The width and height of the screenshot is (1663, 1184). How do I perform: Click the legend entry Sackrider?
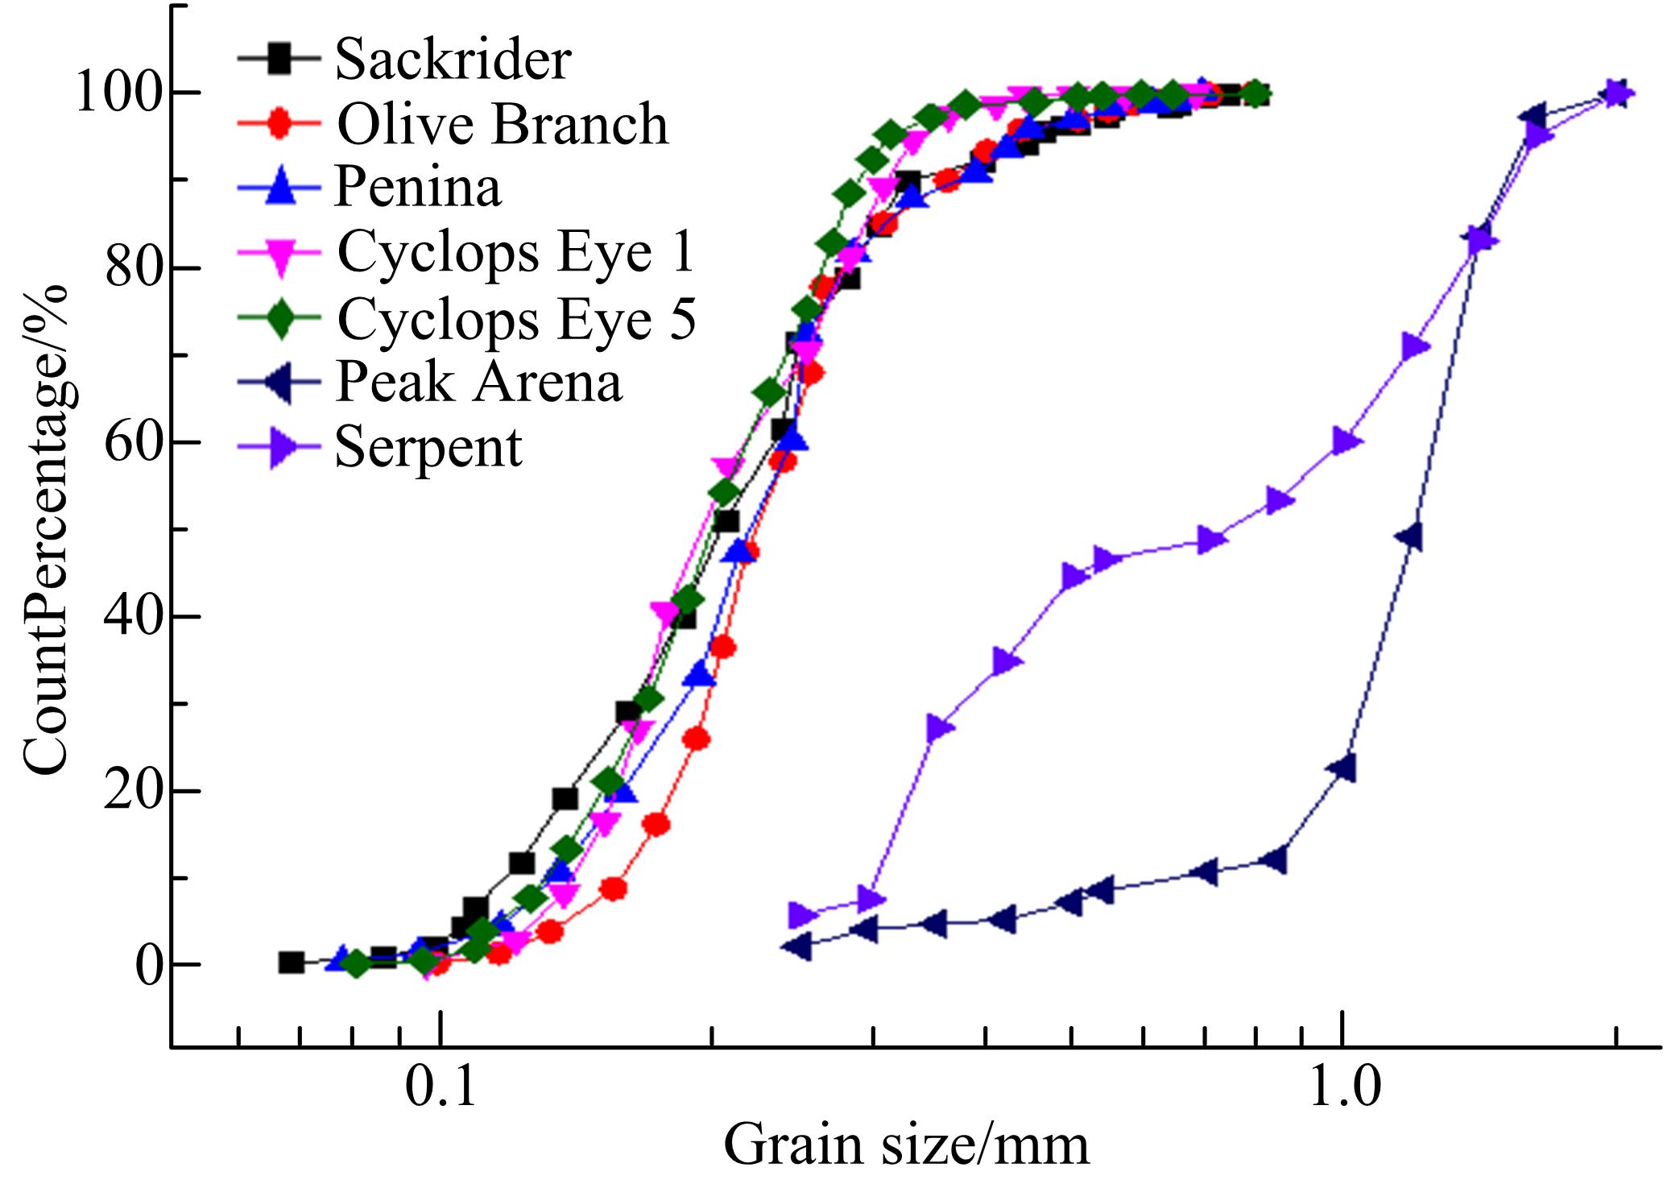pyautogui.click(x=453, y=59)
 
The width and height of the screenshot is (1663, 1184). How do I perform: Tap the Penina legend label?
pyautogui.click(x=418, y=187)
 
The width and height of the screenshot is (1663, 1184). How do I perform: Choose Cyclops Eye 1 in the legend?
pyautogui.click(x=515, y=252)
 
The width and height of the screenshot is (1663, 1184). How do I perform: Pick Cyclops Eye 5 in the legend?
pyautogui.click(x=516, y=318)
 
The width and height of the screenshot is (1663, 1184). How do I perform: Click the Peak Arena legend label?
pyautogui.click(x=478, y=381)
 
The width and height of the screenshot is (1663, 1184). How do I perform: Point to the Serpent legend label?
pyautogui.click(x=428, y=446)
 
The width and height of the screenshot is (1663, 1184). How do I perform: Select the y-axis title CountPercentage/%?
pyautogui.click(x=46, y=530)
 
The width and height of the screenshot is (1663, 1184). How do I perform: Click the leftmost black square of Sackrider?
pyautogui.click(x=291, y=963)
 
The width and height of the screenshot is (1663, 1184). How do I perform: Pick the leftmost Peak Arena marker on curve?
pyautogui.click(x=797, y=947)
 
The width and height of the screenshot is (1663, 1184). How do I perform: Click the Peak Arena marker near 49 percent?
pyautogui.click(x=1409, y=536)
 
